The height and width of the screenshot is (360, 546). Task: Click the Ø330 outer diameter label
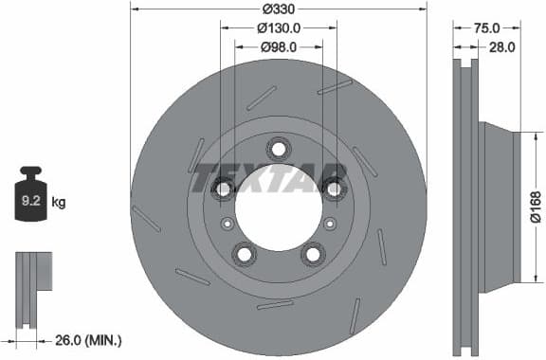point(278,9)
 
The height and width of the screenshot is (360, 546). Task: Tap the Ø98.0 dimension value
point(278,46)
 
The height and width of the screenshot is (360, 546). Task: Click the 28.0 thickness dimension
point(501,46)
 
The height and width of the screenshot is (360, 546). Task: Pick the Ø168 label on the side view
point(536,206)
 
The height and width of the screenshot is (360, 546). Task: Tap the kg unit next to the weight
point(60,202)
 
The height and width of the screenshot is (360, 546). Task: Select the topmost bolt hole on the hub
point(278,148)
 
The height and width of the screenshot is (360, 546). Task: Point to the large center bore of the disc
point(278,210)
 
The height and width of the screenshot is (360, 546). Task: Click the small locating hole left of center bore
point(226,224)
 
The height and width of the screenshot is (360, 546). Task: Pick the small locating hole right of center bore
point(330,224)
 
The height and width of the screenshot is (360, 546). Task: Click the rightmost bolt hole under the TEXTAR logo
point(333,188)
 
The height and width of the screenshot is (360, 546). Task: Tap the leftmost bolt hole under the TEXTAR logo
point(223,189)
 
